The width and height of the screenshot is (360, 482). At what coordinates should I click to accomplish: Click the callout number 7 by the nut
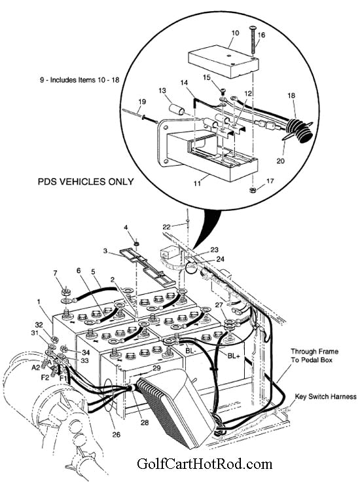tap(56, 272)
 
